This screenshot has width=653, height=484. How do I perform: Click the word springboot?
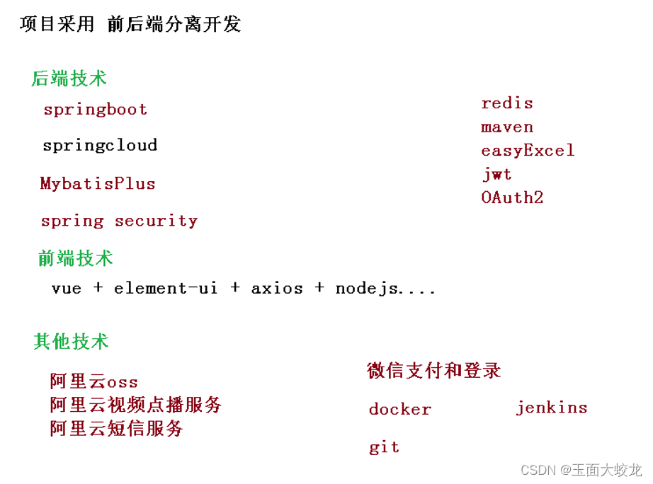[x=96, y=110]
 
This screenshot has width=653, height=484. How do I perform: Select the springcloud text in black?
[x=100, y=146]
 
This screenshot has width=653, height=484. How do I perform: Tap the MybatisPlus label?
[x=98, y=184]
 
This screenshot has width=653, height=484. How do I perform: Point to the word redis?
[x=507, y=103]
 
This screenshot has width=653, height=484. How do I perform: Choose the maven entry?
[x=507, y=127]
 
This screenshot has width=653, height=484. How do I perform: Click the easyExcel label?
[x=528, y=151]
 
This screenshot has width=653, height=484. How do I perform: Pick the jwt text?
[x=496, y=174]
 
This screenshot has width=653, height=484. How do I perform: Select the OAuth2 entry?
[x=512, y=197]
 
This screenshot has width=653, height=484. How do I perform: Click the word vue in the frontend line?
[x=67, y=289]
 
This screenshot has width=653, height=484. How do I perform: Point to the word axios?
[x=277, y=289]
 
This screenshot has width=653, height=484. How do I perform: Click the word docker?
[x=400, y=410]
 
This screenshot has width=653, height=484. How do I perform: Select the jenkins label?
[x=552, y=408]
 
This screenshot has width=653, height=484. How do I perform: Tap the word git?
[x=384, y=447]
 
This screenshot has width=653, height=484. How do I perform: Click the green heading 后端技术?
[x=69, y=79]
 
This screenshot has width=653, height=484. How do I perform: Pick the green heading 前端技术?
[x=75, y=258]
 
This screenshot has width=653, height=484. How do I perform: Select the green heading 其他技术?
[x=71, y=342]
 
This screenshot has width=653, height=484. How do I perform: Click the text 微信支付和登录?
[x=434, y=370]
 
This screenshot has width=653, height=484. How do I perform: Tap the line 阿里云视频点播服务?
[x=136, y=405]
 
